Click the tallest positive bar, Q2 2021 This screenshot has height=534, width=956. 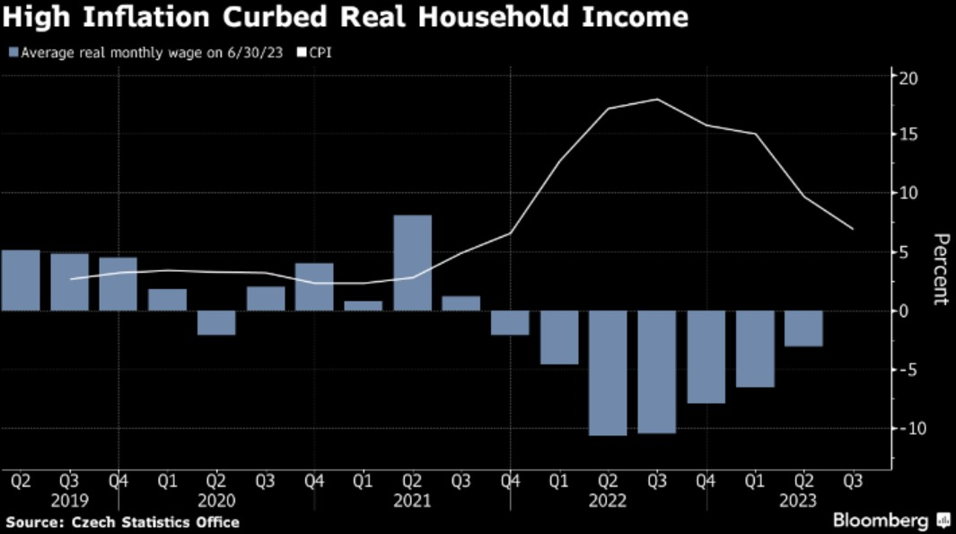412,263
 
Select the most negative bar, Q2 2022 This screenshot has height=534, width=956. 608,372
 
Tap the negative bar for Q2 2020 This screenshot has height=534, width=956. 216,323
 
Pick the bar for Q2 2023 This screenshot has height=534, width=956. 803,328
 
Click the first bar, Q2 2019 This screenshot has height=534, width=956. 21,280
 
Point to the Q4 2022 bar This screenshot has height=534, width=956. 706,357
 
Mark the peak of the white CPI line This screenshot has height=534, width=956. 657,99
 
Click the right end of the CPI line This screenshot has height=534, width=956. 852,229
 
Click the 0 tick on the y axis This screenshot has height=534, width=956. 912,311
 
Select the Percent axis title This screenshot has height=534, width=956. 940,269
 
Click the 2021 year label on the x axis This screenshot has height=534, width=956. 412,501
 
